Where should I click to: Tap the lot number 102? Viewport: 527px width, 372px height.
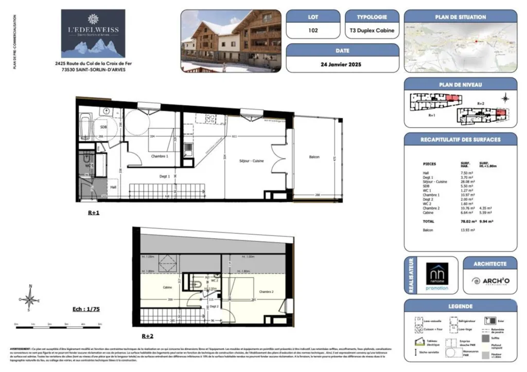tap(313, 30)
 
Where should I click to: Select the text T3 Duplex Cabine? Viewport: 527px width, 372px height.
tap(371, 30)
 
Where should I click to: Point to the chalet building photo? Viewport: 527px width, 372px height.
tap(231, 41)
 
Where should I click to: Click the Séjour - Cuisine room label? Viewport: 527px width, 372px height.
tap(251, 161)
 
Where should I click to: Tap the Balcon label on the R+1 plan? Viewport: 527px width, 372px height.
tap(315, 156)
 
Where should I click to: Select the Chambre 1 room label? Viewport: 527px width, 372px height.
tap(159, 156)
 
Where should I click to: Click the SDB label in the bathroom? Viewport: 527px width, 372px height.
tap(103, 127)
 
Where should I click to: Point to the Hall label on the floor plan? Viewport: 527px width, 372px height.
tap(113, 187)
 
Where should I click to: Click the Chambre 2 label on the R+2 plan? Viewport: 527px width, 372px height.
tap(266, 292)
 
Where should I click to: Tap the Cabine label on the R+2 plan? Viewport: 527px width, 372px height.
tap(167, 288)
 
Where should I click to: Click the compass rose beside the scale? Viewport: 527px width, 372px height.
tap(30, 298)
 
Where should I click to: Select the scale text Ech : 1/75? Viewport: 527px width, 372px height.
tap(86, 310)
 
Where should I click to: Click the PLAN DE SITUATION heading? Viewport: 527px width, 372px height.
tap(460, 17)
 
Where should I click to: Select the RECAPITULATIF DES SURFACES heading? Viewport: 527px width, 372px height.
tap(460, 139)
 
